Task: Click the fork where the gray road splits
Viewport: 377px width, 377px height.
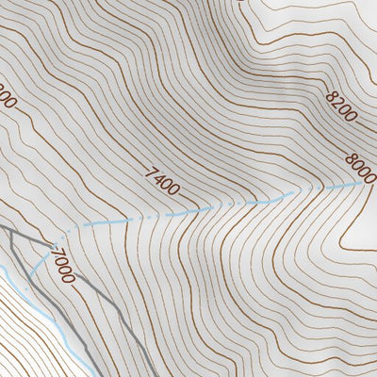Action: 47,247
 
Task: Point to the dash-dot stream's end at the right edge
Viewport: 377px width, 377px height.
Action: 362,183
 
